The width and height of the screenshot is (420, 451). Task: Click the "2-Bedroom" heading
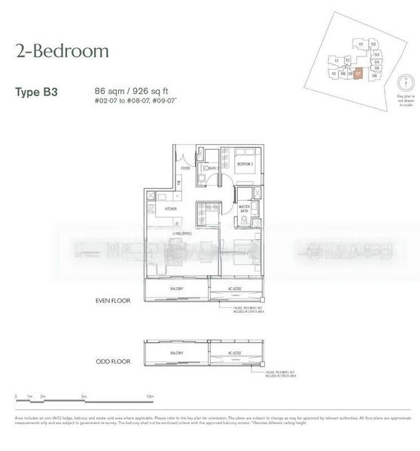coord(62,51)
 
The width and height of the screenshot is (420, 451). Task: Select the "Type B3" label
coord(38,92)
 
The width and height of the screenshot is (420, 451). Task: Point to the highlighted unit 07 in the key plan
coord(359,74)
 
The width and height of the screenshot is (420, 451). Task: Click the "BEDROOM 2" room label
coord(245,164)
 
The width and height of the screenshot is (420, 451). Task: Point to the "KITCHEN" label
coord(171,207)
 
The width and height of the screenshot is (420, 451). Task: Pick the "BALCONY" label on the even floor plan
coord(177,290)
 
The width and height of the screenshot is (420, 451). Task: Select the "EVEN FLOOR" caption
coord(109,298)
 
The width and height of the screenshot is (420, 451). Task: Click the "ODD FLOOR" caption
coord(109,362)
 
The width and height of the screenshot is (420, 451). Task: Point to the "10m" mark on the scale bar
coord(151,395)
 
